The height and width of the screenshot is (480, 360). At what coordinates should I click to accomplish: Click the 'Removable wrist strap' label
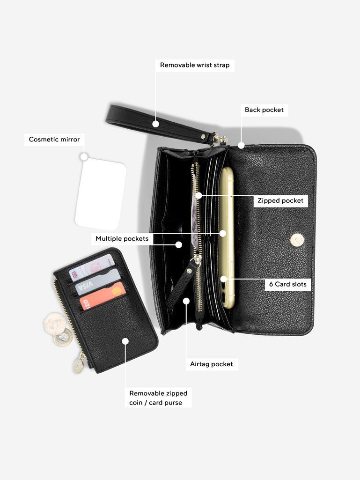click(x=195, y=65)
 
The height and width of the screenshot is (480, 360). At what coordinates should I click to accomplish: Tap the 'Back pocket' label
click(x=264, y=110)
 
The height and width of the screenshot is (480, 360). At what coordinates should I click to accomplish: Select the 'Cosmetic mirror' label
click(x=54, y=140)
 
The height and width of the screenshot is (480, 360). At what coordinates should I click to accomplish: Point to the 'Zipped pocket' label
click(x=280, y=201)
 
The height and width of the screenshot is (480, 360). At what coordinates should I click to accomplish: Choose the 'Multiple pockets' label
click(x=122, y=239)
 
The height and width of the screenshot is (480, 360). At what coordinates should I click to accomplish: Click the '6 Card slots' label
click(x=288, y=284)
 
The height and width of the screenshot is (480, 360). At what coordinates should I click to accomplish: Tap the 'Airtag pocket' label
click(x=212, y=364)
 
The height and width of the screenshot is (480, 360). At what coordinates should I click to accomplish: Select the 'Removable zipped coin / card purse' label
click(x=158, y=398)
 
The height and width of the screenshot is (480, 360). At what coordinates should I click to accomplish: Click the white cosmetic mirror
click(x=101, y=194)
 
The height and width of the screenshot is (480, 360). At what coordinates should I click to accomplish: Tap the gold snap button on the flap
click(x=297, y=239)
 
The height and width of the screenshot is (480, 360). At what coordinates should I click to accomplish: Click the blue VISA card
click(x=98, y=282)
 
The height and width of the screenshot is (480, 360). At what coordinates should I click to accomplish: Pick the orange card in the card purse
click(x=103, y=295)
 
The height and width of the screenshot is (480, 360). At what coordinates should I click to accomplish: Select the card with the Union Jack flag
click(x=92, y=266)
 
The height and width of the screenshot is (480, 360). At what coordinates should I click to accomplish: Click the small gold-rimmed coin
click(x=61, y=338)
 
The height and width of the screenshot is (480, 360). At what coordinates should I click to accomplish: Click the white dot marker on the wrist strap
click(x=156, y=124)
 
